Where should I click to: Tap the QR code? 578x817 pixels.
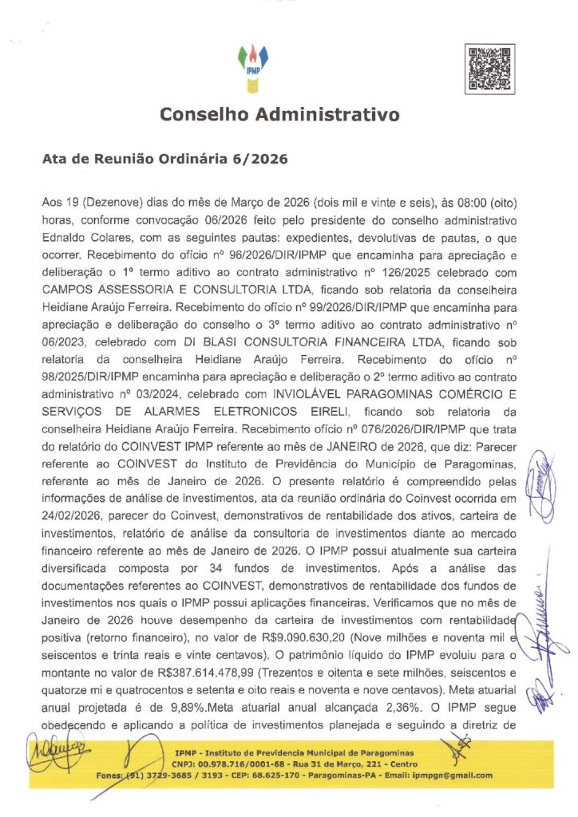tap(489, 70)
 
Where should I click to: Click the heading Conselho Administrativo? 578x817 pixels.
tap(279, 115)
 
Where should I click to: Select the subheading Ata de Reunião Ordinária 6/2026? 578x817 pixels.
tap(164, 159)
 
